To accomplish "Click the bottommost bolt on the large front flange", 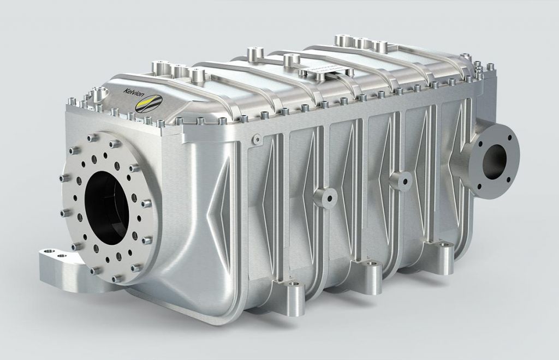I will pos(116,279).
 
